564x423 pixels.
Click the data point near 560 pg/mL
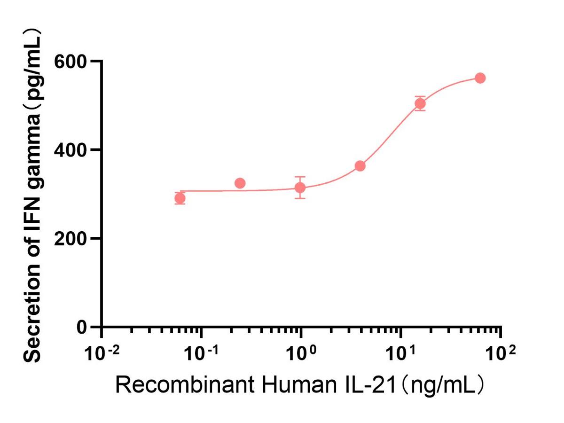point(480,78)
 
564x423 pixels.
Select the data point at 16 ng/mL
point(420,103)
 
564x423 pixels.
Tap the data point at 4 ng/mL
point(360,166)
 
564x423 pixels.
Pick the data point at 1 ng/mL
point(300,188)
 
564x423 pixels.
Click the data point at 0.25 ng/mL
point(240,183)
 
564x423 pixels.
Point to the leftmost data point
point(180,198)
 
